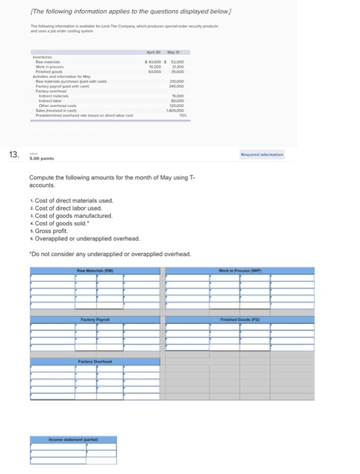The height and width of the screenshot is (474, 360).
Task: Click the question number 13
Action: pos(14,154)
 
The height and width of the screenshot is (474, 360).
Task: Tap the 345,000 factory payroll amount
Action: pos(177,87)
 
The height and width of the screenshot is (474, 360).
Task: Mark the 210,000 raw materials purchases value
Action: pos(177,82)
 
